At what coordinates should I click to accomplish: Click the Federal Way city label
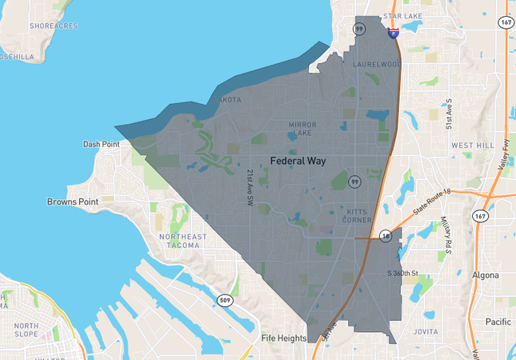click(303, 160)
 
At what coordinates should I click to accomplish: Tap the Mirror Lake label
click(302, 129)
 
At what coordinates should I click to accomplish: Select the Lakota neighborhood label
click(227, 100)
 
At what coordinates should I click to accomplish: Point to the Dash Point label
click(101, 144)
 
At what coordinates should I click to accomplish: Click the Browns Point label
click(73, 202)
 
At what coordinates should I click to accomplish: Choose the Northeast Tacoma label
click(182, 242)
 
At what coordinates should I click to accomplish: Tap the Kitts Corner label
click(359, 215)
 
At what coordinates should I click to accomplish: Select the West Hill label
click(473, 146)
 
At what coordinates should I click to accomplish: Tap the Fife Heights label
click(284, 338)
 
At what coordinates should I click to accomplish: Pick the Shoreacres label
click(54, 26)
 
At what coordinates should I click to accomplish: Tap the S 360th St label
click(403, 274)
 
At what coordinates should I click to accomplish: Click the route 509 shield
click(226, 301)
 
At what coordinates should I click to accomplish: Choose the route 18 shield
click(385, 237)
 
